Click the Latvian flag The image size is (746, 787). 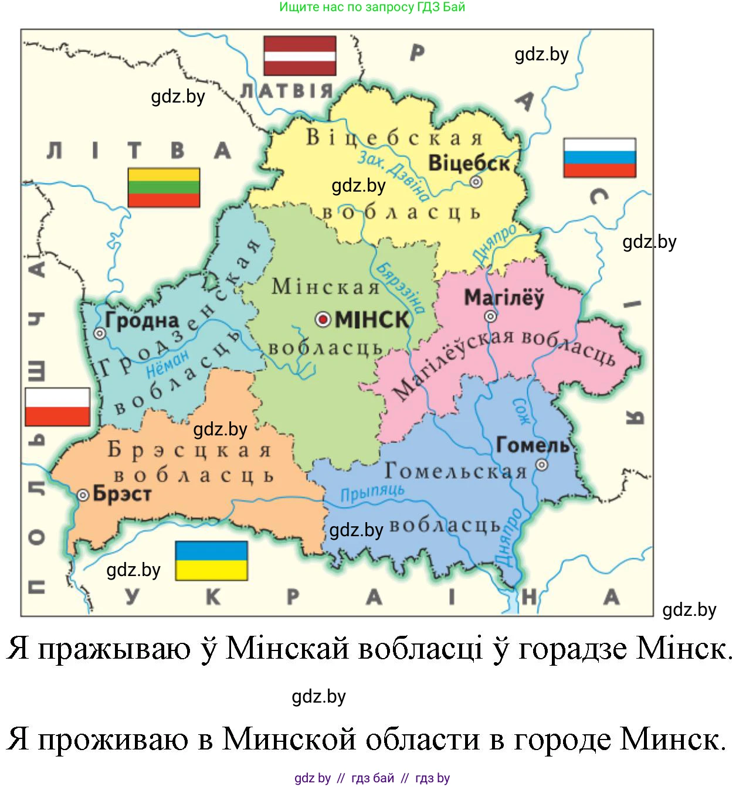pyautogui.click(x=300, y=56)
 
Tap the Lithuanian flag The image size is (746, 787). pyautogui.click(x=164, y=188)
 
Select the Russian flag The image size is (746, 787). pyautogui.click(x=599, y=158)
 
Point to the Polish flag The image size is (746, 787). pyautogui.click(x=57, y=407)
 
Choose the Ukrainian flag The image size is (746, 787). pyautogui.click(x=211, y=561)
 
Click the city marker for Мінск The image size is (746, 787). pyautogui.click(x=323, y=319)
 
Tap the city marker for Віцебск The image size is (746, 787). pyautogui.click(x=476, y=182)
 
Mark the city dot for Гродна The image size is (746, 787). pyautogui.click(x=100, y=333)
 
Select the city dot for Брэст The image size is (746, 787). pyautogui.click(x=83, y=495)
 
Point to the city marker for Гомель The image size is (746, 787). pyautogui.click(x=542, y=465)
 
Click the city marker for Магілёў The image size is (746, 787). pyautogui.click(x=490, y=316)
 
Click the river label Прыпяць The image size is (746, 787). pyautogui.click(x=372, y=493)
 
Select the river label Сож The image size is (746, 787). pyautogui.click(x=521, y=411)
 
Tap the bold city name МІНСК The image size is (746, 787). pyautogui.click(x=372, y=320)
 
